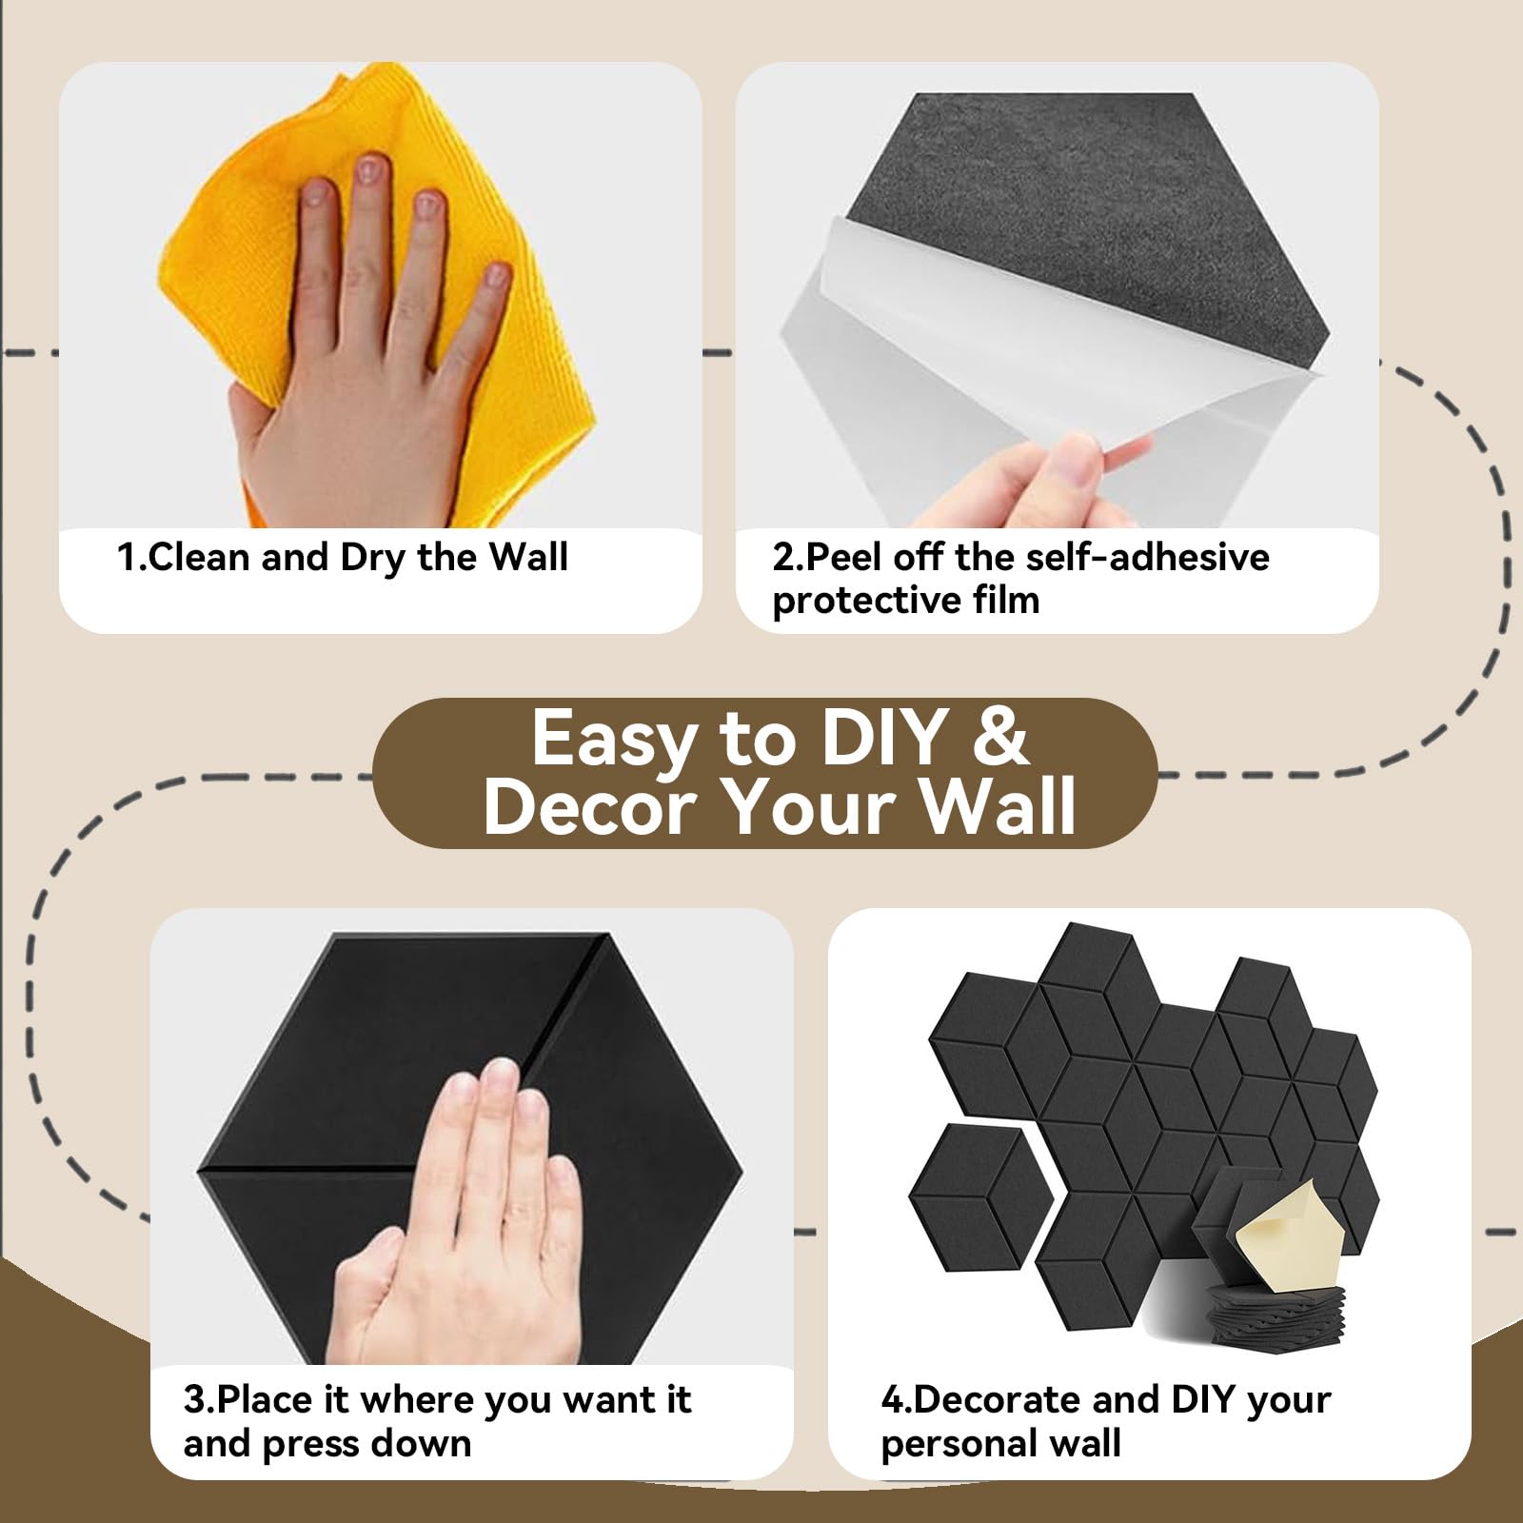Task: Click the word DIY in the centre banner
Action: [882, 738]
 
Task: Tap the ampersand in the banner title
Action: [999, 738]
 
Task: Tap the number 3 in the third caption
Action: [195, 1400]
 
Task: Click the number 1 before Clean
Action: [128, 557]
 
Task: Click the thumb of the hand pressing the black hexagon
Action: [376, 1276]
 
